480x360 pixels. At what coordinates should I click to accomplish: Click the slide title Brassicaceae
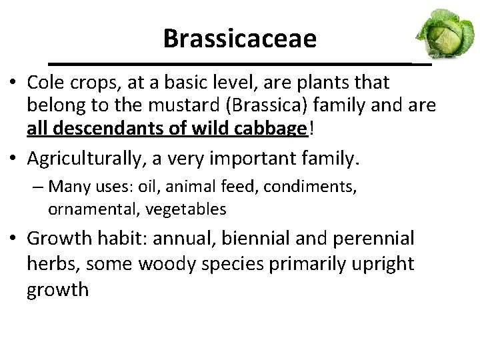pos(239,39)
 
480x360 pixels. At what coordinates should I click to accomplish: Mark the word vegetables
pos(187,209)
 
